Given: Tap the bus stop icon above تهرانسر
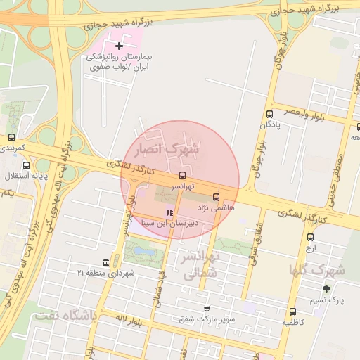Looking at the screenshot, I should [183, 174].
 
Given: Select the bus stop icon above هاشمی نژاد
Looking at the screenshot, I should [216, 197].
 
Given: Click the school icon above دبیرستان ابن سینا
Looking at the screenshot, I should [168, 212].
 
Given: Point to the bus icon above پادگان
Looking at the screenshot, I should [269, 114].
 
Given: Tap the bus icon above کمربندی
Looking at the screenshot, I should [11, 138].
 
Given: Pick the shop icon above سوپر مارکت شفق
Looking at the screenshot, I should [206, 308].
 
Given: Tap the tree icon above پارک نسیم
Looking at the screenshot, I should [326, 288].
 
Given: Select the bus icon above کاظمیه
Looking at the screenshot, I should [292, 311].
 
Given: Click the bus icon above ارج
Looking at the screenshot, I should [310, 236].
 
